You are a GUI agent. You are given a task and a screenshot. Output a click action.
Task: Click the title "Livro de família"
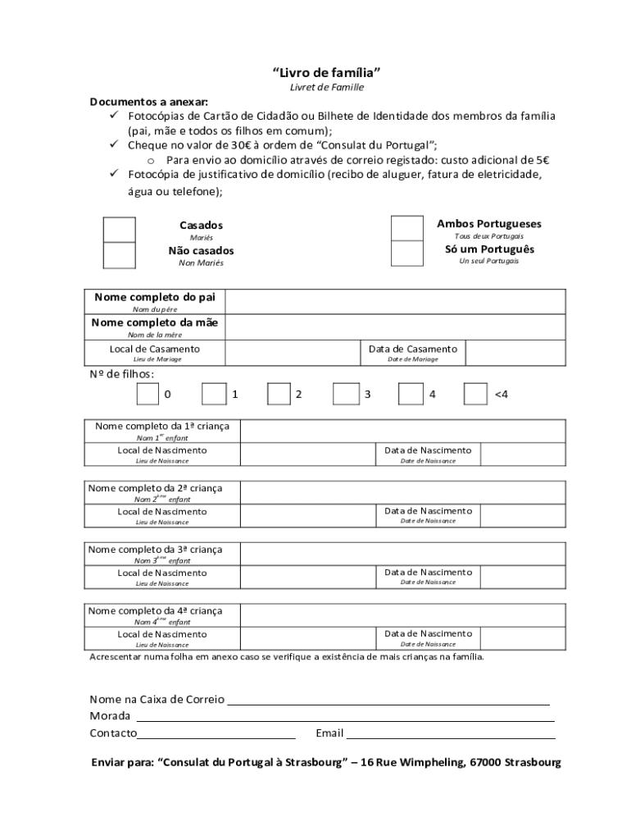tap(326, 72)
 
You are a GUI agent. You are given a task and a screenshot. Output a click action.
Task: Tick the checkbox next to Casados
tap(120, 230)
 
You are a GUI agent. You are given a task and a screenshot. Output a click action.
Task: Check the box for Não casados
tap(120, 255)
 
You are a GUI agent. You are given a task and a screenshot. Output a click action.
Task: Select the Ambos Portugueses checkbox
tap(407, 228)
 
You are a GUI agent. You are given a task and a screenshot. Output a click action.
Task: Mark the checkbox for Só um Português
tap(407, 253)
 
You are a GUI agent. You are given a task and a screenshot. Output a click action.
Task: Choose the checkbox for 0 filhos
tap(148, 395)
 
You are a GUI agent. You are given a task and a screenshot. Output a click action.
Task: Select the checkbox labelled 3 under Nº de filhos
tap(345, 395)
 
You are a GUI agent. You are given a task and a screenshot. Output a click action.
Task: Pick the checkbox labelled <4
tap(475, 395)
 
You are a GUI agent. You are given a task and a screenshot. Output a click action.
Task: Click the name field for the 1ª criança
tap(402, 431)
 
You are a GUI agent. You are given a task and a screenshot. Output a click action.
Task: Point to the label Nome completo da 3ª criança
tap(155, 550)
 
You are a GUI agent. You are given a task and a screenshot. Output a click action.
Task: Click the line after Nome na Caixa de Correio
tap(388, 700)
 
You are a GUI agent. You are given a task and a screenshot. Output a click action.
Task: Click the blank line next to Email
tap(451, 733)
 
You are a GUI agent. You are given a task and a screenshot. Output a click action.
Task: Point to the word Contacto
tap(113, 733)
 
